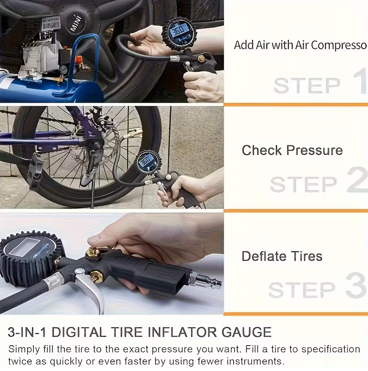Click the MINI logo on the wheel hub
[x=77, y=23]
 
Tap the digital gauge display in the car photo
[x=178, y=31]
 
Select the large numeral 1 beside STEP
[x=361, y=80]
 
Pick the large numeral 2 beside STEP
[x=357, y=180]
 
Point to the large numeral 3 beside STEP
[x=356, y=285]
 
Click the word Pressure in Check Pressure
[x=315, y=150]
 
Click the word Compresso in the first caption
[x=339, y=45]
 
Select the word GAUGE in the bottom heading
[x=246, y=332]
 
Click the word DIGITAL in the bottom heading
[x=79, y=332]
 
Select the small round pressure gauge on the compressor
[x=63, y=70]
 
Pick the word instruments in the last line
[x=255, y=361]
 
